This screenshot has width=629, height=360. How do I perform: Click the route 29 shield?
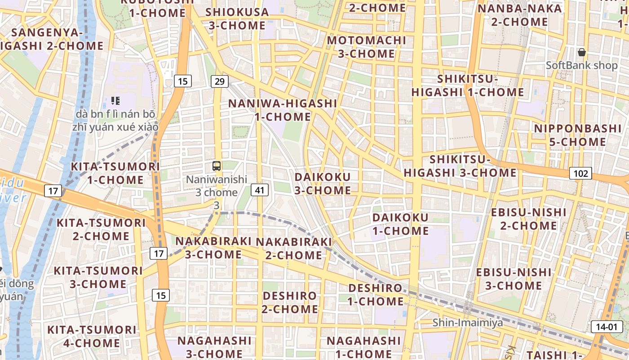(x=219, y=81)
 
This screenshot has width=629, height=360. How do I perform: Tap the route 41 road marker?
(x=260, y=190)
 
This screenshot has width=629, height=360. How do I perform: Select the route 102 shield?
(x=580, y=173)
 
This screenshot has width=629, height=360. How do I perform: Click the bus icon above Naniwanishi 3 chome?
(x=217, y=166)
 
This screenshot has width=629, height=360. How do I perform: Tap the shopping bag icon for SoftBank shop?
(x=582, y=53)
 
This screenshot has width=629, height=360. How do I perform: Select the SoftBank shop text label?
(x=581, y=66)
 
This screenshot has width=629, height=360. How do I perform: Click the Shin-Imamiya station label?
(x=468, y=323)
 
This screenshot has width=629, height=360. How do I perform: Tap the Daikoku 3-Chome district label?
(x=323, y=183)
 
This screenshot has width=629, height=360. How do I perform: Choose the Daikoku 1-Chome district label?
(x=400, y=224)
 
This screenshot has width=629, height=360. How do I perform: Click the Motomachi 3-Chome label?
(x=367, y=47)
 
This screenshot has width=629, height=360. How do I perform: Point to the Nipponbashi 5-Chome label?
(x=577, y=135)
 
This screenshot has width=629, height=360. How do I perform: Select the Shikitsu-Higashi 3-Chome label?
(x=460, y=166)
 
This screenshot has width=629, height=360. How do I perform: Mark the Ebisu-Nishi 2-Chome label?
(x=522, y=219)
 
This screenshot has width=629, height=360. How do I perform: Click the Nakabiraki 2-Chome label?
(x=294, y=248)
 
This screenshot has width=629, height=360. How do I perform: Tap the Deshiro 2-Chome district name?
(x=290, y=302)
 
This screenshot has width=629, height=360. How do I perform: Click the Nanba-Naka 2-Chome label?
(x=519, y=15)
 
